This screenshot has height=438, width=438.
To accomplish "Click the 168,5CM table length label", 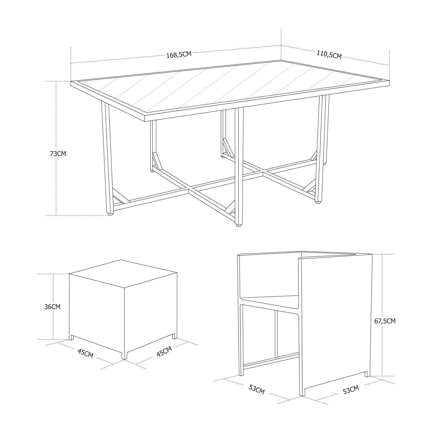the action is tap(179, 55).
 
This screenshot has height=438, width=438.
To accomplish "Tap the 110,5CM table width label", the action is tap(329, 54).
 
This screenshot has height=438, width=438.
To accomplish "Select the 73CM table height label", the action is tap(58, 154).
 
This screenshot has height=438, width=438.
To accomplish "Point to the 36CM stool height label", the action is tap(52, 307).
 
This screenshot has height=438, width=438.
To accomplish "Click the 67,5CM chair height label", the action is tap(385, 321).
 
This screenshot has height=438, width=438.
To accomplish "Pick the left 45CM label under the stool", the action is tap(85, 353).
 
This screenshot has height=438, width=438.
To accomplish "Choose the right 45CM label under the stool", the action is tap(164, 351).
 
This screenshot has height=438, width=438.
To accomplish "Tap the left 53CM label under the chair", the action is tap(256, 390).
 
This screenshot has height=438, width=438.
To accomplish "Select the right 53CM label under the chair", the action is tap(351, 390).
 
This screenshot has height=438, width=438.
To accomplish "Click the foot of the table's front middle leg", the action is tap(239, 225).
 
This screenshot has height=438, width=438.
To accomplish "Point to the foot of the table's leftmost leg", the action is tap(110, 214).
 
